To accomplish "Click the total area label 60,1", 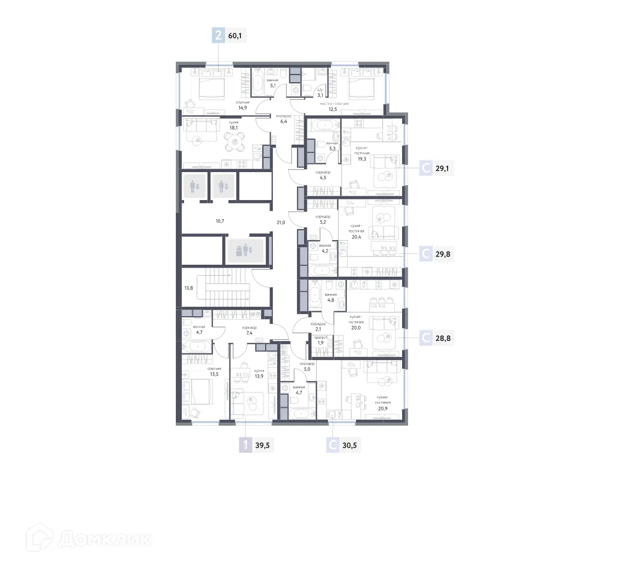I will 235,36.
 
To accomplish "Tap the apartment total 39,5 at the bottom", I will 262,445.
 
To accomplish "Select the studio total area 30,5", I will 350,445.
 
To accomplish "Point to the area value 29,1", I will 442,169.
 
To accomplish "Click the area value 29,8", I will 442,254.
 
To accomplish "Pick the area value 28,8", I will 443,338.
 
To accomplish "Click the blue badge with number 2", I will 219,36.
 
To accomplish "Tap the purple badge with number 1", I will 245,445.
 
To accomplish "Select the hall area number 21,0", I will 281,222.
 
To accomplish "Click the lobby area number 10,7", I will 220,221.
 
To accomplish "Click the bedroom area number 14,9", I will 243,107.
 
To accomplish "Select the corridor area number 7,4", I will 249,333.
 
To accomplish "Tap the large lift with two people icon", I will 244,250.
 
